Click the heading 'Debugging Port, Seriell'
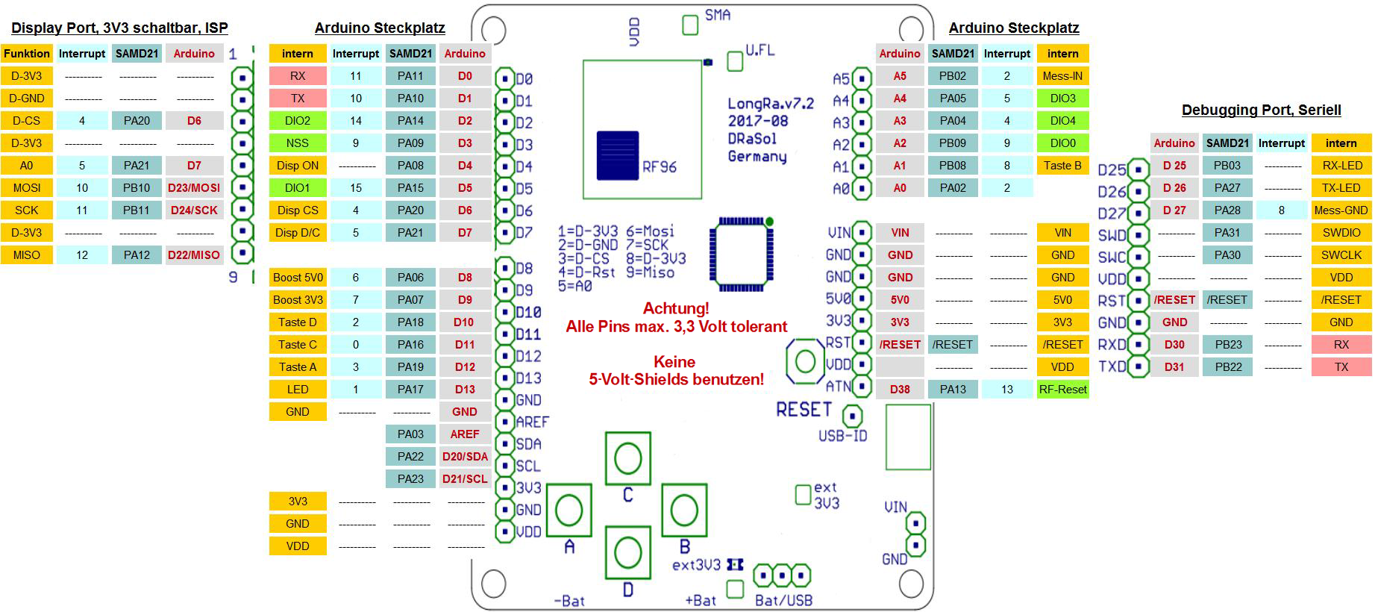click(1261, 110)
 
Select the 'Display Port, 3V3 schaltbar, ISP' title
click(119, 28)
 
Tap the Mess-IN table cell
click(1062, 76)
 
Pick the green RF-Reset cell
click(1062, 390)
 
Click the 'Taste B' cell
click(1062, 166)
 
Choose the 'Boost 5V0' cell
click(298, 278)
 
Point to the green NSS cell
click(298, 143)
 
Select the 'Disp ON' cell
click(298, 166)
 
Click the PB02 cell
click(953, 76)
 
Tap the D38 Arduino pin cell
click(900, 390)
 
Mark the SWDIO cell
click(1341, 233)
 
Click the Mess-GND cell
click(1341, 210)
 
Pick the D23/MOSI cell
click(194, 188)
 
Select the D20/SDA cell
click(465, 457)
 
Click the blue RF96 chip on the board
click(618, 156)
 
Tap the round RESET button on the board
click(805, 362)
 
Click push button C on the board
click(627, 458)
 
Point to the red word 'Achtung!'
click(676, 308)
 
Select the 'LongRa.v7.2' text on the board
click(771, 104)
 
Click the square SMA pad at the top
click(690, 25)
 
